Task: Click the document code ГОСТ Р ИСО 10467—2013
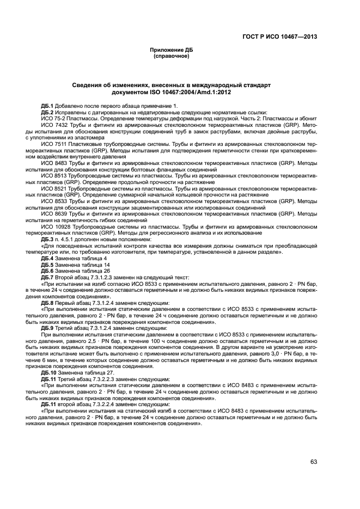[280, 37]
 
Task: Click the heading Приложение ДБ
[172, 50]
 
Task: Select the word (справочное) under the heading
[172, 56]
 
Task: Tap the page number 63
[314, 462]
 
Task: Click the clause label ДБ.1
[47, 105]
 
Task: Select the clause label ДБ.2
[47, 112]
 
